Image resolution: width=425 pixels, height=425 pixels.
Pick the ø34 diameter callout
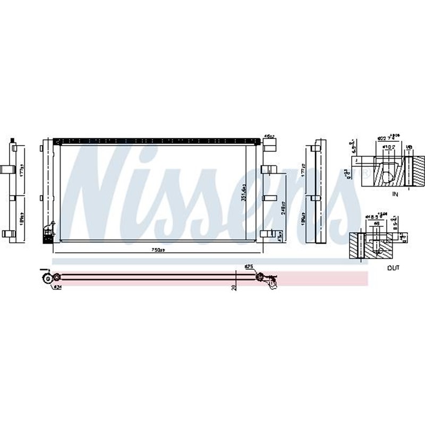click(57, 288)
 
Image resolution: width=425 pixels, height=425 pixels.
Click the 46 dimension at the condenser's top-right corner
click(269, 137)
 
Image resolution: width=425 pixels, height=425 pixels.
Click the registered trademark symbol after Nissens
click(364, 173)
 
